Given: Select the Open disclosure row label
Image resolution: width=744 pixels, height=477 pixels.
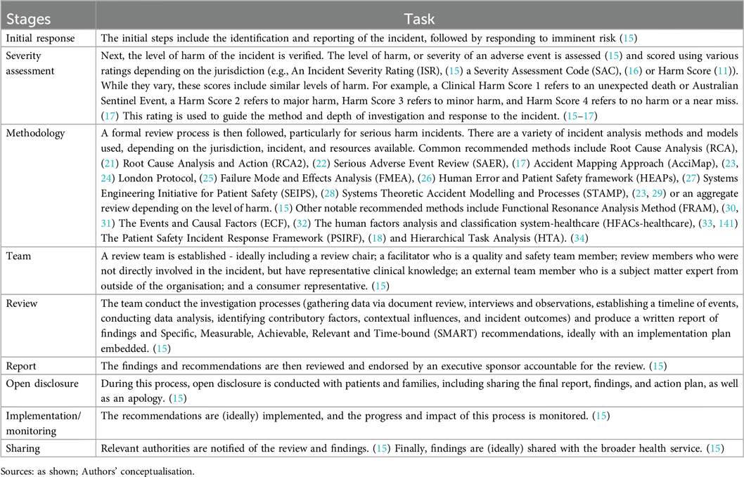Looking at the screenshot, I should coord(39,384).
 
